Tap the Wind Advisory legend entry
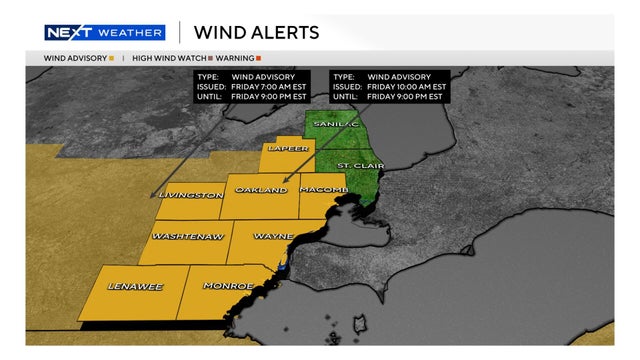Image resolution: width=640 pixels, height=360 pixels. pos(80,57)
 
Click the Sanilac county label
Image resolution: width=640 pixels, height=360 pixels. pos(335,123)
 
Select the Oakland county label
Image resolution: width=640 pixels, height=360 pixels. pos(261,189)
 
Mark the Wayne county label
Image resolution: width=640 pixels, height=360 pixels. pos(274,236)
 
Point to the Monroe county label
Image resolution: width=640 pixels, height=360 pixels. pos(229,285)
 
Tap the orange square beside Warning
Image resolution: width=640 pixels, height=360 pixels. pos(258,57)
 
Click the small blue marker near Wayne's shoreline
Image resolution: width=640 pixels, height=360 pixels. pos(283,267)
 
